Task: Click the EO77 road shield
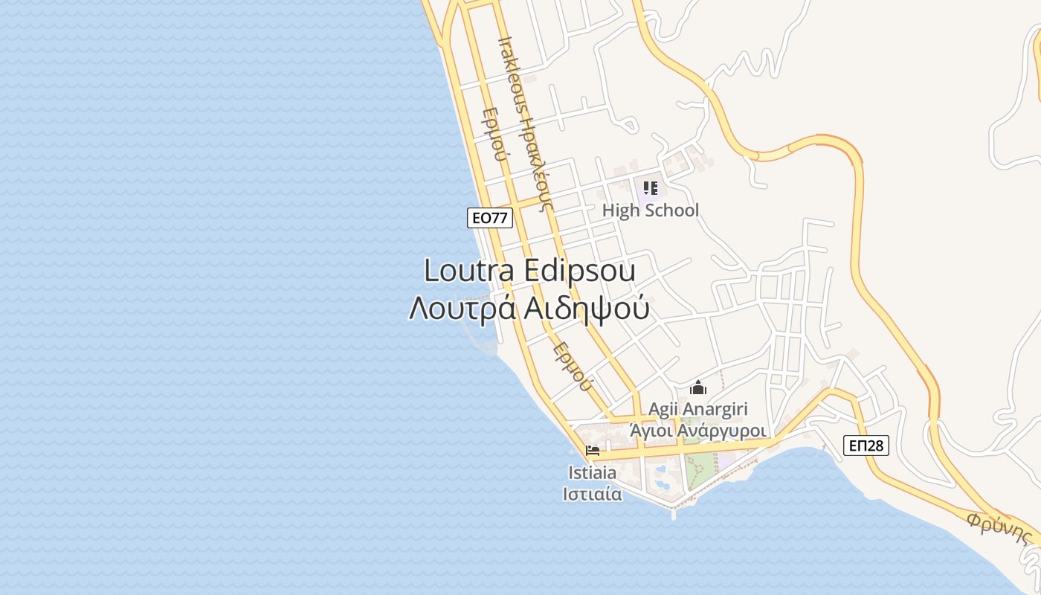tap(490, 218)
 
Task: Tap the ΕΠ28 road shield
tap(866, 446)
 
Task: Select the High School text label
tap(650, 210)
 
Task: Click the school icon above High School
tap(651, 187)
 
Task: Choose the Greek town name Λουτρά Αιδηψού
tap(529, 308)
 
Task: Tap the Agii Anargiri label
tap(697, 409)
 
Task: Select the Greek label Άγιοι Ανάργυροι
tap(697, 431)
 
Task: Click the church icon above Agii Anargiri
tap(697, 387)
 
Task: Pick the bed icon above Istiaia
tap(593, 451)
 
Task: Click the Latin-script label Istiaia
tap(592, 473)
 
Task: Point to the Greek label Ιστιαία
tap(592, 494)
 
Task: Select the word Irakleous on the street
tap(512, 74)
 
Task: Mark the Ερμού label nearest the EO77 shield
tap(494, 135)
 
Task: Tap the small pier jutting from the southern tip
tap(674, 512)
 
